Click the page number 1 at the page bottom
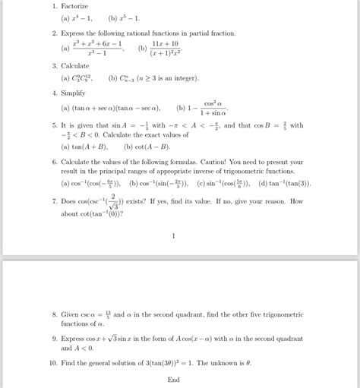click(x=174, y=235)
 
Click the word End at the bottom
click(x=174, y=380)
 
